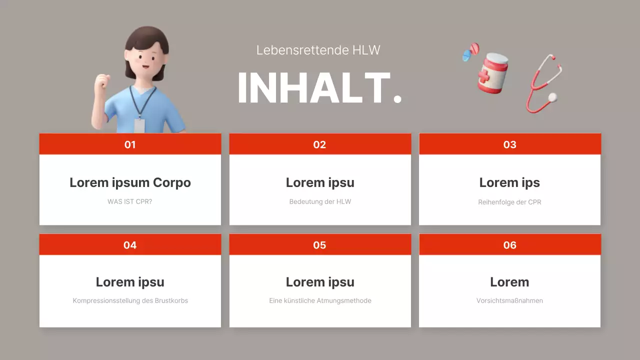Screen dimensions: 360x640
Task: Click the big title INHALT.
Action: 319,88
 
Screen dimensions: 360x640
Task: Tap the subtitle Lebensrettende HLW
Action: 318,50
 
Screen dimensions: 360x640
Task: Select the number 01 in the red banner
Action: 130,144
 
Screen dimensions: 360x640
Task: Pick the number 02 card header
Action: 319,144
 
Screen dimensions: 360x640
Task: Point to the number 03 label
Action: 509,144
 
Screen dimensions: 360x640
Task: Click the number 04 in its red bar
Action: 130,245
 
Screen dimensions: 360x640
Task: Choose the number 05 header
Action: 319,245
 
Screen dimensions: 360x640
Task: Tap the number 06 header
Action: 509,245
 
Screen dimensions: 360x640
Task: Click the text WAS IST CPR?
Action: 130,202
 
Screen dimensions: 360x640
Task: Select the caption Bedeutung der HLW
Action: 320,202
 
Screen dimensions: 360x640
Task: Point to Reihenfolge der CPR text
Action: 509,202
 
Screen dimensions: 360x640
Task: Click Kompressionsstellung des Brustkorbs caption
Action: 130,301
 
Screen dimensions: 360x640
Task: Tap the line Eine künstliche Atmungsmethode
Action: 320,301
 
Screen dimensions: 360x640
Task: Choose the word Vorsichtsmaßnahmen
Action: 509,301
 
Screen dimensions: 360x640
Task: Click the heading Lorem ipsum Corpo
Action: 130,182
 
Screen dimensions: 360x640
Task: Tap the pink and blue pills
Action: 470,51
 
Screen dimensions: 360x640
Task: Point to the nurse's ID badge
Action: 139,125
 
